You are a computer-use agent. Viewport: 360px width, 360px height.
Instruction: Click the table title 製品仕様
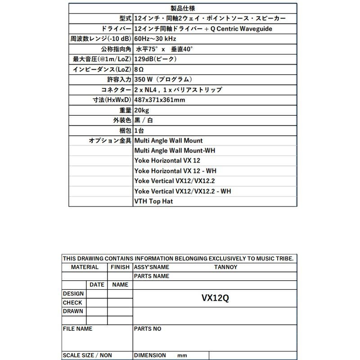pyautogui.click(x=183, y=8)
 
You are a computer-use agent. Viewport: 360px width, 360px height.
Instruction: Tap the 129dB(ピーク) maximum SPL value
pyautogui.click(x=155, y=59)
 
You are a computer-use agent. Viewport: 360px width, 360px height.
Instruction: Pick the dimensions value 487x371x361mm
pyautogui.click(x=160, y=100)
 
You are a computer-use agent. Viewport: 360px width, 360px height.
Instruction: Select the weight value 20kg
pyautogui.click(x=142, y=110)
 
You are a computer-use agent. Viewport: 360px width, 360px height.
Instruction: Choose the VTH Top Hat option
pyautogui.click(x=153, y=201)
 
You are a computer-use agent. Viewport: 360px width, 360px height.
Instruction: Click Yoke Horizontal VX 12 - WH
pyautogui.click(x=175, y=171)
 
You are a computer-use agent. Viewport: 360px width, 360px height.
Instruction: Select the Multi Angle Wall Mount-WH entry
pyautogui.click(x=175, y=151)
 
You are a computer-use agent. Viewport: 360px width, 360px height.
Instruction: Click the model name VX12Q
pyautogui.click(x=215, y=298)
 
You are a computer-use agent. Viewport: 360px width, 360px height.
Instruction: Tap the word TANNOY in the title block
pyautogui.click(x=226, y=267)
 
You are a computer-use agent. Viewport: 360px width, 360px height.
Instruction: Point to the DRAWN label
pyautogui.click(x=72, y=311)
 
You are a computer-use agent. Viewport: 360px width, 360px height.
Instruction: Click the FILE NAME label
pyautogui.click(x=77, y=329)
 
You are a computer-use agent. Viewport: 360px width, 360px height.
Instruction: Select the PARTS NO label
pyautogui.click(x=148, y=329)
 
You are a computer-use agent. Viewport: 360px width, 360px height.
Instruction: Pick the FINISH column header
pyautogui.click(x=120, y=267)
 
